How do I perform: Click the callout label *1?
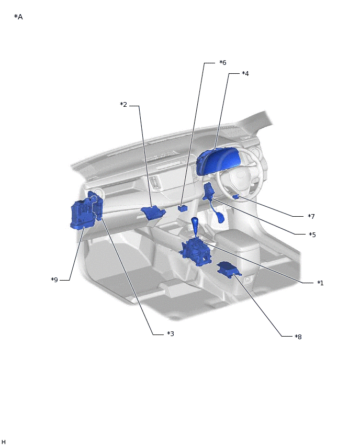pyautogui.click(x=320, y=283)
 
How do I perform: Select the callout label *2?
pyautogui.click(x=123, y=105)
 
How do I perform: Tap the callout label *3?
pyautogui.click(x=171, y=333)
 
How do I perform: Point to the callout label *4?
pyautogui.click(x=245, y=74)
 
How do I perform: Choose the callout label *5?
pyautogui.click(x=312, y=235)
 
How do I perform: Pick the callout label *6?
pyautogui.click(x=223, y=63)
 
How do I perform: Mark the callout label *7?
pyautogui.click(x=311, y=217)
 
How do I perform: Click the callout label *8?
pyautogui.click(x=298, y=337)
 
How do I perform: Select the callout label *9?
pyautogui.click(x=54, y=280)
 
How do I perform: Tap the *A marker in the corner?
pyautogui.click(x=18, y=17)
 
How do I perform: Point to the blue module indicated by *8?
pyautogui.click(x=229, y=270)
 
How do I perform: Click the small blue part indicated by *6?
pyautogui.click(x=183, y=208)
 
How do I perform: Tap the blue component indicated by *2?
pyautogui.click(x=153, y=213)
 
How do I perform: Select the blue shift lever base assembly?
pyautogui.click(x=196, y=252)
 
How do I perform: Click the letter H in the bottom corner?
pyautogui.click(x=4, y=442)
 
